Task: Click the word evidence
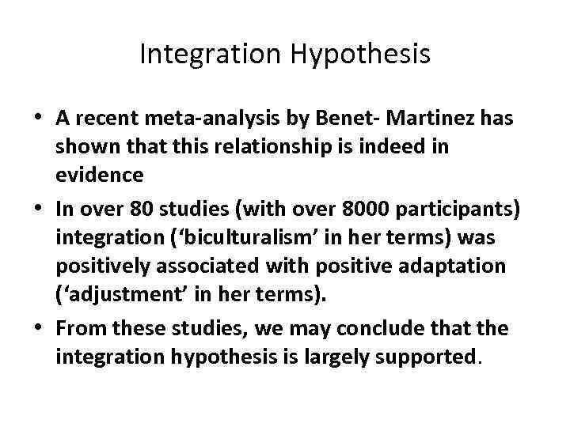(x=100, y=173)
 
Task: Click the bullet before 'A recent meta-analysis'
(x=40, y=119)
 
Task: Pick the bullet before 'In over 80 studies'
(x=40, y=210)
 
